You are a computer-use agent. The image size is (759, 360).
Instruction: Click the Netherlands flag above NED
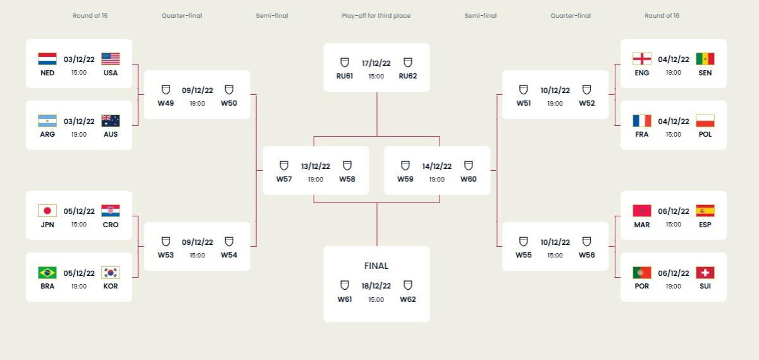[47, 59]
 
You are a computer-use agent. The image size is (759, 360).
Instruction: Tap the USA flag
[111, 59]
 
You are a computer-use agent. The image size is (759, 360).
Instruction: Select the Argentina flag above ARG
[47, 121]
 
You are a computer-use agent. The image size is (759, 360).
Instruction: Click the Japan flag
[47, 211]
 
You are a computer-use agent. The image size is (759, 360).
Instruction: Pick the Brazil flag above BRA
[47, 273]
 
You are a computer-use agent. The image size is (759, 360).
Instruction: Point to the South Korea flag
[111, 273]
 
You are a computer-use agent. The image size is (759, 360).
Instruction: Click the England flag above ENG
[642, 59]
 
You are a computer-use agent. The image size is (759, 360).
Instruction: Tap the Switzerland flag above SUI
[705, 273]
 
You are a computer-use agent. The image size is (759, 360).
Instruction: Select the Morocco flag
[642, 211]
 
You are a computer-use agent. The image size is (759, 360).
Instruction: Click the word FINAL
[376, 266]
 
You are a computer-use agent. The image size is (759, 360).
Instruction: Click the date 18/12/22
[376, 286]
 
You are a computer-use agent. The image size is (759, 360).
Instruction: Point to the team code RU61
[345, 76]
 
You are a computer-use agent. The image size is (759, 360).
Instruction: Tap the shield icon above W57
[284, 165]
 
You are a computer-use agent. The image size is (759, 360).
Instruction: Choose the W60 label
[468, 179]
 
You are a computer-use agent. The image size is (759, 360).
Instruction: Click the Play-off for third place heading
[376, 16]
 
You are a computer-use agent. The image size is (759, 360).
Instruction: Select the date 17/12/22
[376, 63]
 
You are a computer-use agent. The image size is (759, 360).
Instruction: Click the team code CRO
[111, 225]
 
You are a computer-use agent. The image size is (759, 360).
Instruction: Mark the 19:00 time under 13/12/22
[316, 179]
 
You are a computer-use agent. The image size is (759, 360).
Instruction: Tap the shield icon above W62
[407, 285]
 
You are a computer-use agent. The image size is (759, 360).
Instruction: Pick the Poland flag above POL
[705, 121]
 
